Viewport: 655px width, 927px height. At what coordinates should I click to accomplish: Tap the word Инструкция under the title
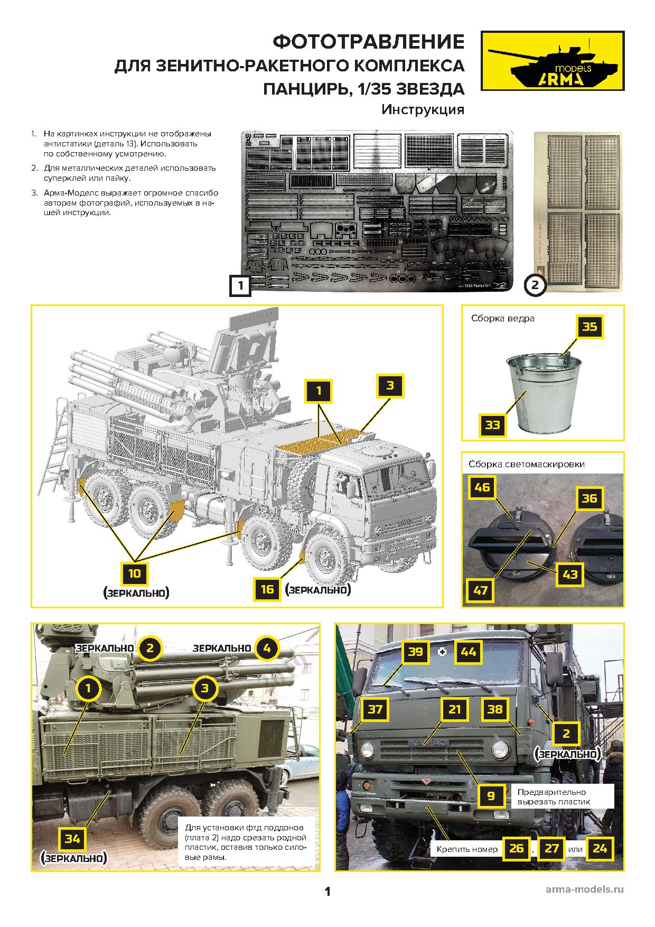pos(423,110)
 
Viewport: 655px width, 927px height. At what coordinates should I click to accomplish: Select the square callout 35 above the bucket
pos(589,327)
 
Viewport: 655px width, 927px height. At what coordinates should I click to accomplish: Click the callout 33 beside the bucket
pos(492,425)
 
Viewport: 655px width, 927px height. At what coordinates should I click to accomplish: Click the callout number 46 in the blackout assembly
pos(482,487)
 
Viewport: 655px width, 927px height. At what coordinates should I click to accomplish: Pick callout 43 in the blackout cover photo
pos(569,574)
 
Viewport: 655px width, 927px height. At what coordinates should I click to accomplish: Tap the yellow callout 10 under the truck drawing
pos(135,572)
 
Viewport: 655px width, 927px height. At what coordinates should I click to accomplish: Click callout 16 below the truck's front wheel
pos(267,588)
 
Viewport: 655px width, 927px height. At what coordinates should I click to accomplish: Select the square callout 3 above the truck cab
pos(390,386)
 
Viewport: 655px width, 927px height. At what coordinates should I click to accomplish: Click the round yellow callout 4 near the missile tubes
pos(266,648)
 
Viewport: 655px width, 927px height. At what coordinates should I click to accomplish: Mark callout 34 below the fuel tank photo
pos(72,838)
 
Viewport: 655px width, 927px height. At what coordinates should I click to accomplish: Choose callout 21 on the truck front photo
pos(454,709)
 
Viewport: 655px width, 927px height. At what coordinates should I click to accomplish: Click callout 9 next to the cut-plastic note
pos(491,795)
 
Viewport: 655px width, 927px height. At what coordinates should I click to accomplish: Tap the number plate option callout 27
pos(551,848)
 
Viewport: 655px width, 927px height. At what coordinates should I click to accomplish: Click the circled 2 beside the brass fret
pos(535,285)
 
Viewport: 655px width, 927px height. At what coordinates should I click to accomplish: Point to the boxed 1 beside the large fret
pos(240,286)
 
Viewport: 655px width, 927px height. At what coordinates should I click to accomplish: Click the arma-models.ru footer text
pos(584,889)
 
